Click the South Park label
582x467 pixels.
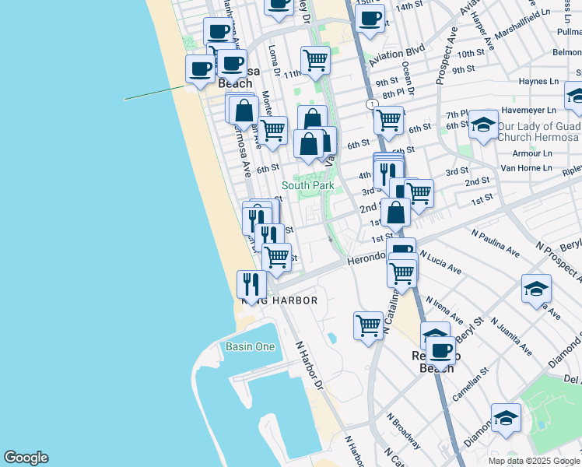[x=307, y=185]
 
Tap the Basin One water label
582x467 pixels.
[x=250, y=346]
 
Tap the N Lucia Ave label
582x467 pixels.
[x=440, y=262]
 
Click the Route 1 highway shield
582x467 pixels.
[x=373, y=104]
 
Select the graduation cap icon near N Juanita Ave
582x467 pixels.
[x=536, y=288]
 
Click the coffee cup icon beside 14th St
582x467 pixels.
[x=370, y=17]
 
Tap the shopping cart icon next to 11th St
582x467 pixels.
[x=315, y=59]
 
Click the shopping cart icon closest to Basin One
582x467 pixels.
[x=368, y=325]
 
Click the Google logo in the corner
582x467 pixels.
[x=26, y=458]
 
